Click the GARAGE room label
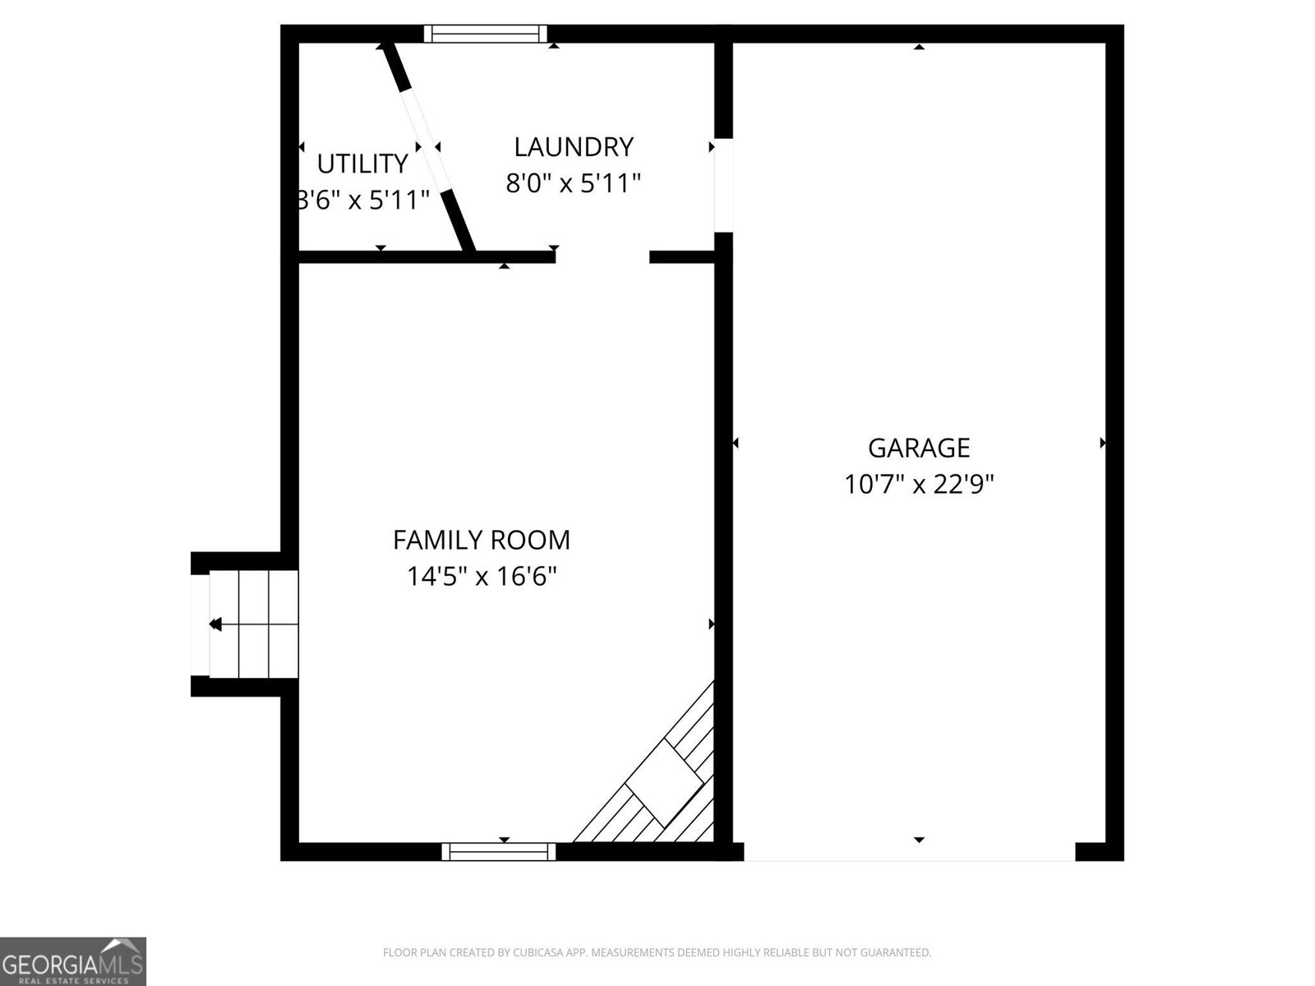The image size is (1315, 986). pos(918,448)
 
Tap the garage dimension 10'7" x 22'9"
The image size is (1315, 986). pos(918,484)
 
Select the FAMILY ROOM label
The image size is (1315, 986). pos(481,540)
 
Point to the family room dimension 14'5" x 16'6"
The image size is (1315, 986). pos(481,577)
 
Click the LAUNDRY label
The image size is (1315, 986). pos(574,147)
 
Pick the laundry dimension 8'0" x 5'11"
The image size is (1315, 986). pos(574,183)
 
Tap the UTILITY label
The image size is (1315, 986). pos(362,164)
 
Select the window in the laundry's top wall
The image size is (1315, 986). pos(485,34)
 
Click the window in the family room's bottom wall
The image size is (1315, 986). pos(498,851)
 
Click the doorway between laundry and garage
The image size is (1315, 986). pos(724,185)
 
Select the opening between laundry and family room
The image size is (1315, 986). pos(602,257)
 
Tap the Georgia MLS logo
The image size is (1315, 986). pos(72,961)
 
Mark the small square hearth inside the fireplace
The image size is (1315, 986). pos(664,783)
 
